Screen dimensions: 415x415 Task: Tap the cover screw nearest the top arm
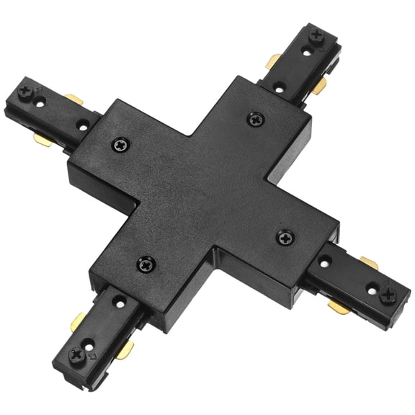tap(254, 119)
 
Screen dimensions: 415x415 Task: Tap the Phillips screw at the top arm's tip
tap(315, 35)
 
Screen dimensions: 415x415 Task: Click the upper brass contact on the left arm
tap(72, 99)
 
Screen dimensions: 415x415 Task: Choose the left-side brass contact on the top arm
tap(275, 62)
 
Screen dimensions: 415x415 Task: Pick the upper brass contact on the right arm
tap(369, 263)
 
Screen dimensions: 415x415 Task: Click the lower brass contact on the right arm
tap(336, 308)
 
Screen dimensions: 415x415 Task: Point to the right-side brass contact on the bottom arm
tap(123, 351)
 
